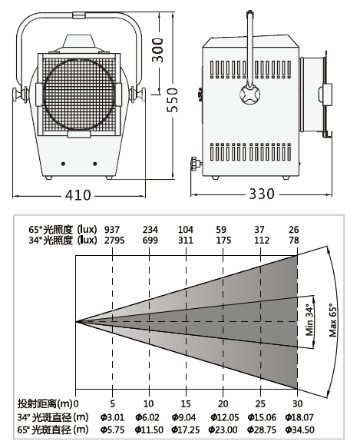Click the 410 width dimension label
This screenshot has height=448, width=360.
pyautogui.click(x=78, y=195)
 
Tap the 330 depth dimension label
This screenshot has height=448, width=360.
pyautogui.click(x=262, y=194)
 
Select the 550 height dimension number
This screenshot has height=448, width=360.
pyautogui.click(x=173, y=100)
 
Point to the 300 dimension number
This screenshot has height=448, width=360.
pyautogui.click(x=157, y=50)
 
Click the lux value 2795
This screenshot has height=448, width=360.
pyautogui.click(x=114, y=241)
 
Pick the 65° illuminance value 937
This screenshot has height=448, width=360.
pyautogui.click(x=112, y=230)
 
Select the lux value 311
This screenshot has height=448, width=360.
pyautogui.click(x=186, y=241)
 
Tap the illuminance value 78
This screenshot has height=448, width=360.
pyautogui.click(x=294, y=241)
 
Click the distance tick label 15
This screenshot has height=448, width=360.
pyautogui.click(x=186, y=403)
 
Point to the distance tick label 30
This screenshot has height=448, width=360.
pyautogui.click(x=298, y=403)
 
